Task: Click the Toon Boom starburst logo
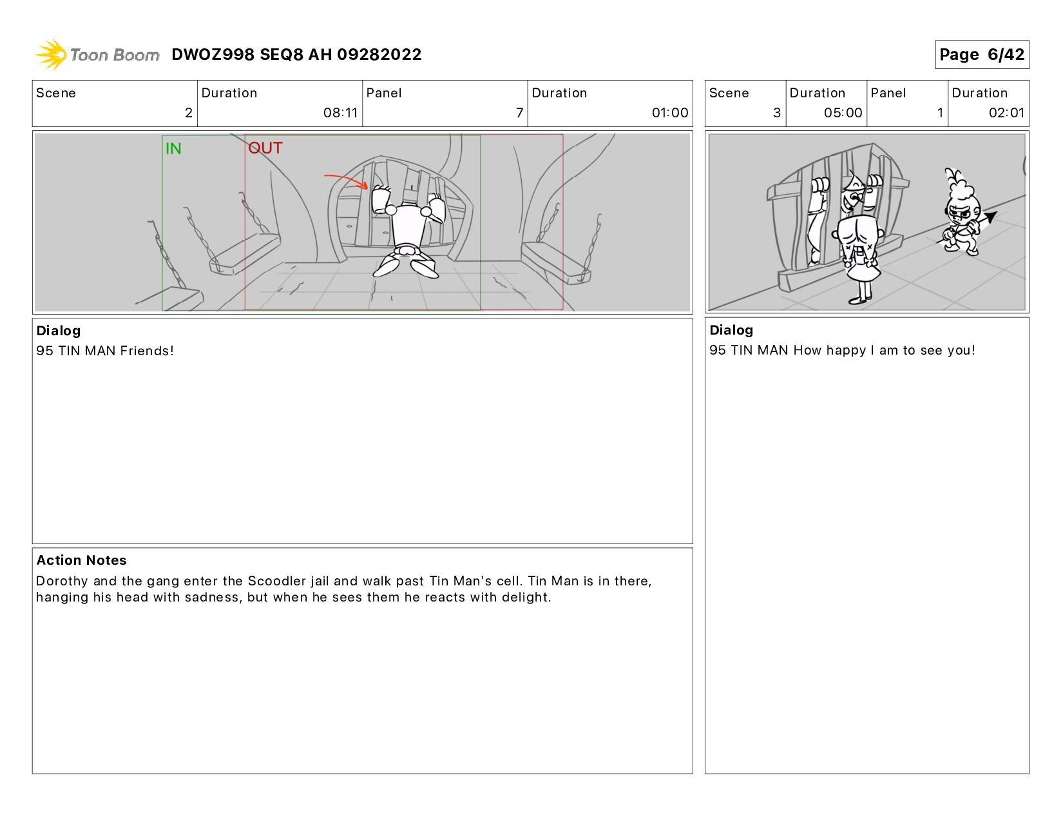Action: click(x=50, y=54)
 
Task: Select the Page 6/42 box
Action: click(x=982, y=54)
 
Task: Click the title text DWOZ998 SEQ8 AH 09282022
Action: click(x=296, y=54)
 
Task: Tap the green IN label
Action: click(x=173, y=148)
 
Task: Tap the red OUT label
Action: click(x=265, y=148)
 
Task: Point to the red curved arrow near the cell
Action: click(x=346, y=180)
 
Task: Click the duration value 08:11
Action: click(x=340, y=113)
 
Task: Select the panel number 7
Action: click(x=519, y=113)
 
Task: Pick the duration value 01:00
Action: click(x=670, y=113)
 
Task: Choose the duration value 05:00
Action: click(x=843, y=113)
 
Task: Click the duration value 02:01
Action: click(x=1006, y=113)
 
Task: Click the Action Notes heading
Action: click(x=81, y=560)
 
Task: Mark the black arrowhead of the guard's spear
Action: click(x=990, y=217)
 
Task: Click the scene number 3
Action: click(x=777, y=113)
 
